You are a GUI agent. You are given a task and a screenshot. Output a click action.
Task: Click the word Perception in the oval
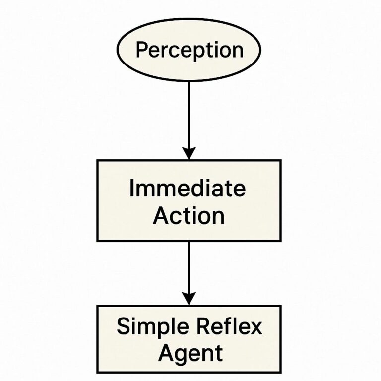coord(189,50)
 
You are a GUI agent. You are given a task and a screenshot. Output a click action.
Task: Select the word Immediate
coord(187,189)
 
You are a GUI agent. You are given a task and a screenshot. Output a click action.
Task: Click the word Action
coord(189,216)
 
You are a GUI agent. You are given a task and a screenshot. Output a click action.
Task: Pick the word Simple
coord(147,327)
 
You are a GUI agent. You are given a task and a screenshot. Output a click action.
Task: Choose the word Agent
coord(189,353)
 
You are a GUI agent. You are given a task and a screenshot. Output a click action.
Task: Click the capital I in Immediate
coord(131,189)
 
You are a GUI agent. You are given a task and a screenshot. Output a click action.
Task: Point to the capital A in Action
coord(160,216)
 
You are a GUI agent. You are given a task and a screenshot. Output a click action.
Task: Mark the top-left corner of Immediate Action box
coord(98,161)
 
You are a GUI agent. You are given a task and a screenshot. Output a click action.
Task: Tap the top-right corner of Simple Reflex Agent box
coord(280,306)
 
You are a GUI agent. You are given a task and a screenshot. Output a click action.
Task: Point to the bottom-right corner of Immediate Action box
coord(280,240)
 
